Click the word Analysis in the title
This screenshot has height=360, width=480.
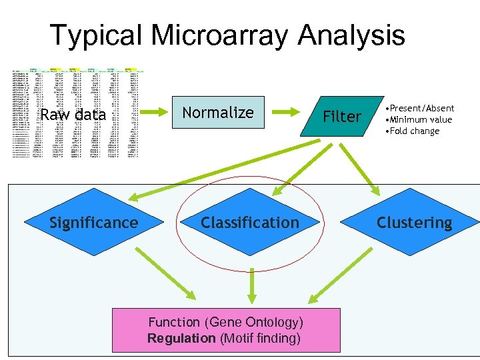[x=351, y=35]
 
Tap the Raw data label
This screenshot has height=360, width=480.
[x=73, y=115]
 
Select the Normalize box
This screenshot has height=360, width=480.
[x=218, y=113]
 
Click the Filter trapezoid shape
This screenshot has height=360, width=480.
[x=341, y=117]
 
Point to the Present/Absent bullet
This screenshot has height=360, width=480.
[x=423, y=108]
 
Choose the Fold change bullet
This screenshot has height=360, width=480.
[x=416, y=131]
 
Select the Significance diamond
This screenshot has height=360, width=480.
[x=94, y=223]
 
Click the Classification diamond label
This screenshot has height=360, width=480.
[x=250, y=223]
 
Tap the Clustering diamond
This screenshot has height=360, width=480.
[x=414, y=223]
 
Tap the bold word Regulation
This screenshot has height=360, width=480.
[x=181, y=339]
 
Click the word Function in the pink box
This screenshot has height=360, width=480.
[x=174, y=323]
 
